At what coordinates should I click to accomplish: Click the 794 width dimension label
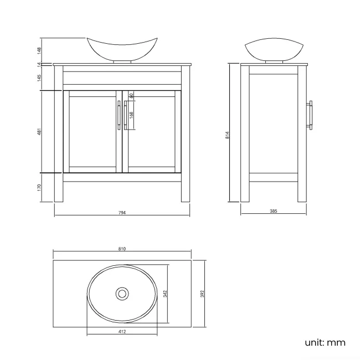(122, 213)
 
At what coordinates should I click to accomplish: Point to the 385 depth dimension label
(273, 212)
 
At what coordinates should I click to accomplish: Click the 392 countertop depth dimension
(202, 293)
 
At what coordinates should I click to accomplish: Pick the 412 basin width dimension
(122, 332)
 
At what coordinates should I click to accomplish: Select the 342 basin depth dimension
(165, 294)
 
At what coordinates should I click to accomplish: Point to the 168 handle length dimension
(131, 115)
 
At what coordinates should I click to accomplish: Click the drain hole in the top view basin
(121, 293)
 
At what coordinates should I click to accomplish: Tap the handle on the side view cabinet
(311, 115)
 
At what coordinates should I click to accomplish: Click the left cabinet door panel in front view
(92, 131)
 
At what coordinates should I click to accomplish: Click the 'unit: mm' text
(325, 342)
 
